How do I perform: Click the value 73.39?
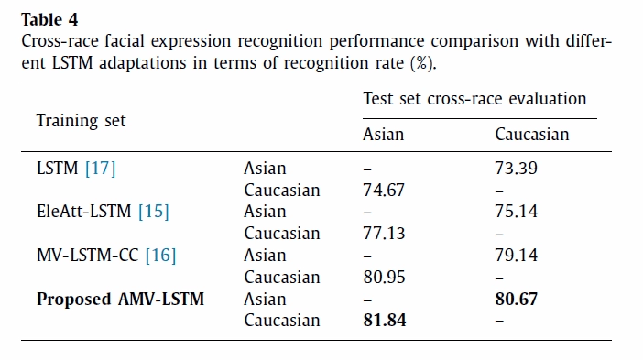click(516, 169)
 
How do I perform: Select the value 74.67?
click(384, 190)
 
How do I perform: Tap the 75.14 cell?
click(516, 212)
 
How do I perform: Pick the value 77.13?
click(384, 234)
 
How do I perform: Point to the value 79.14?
click(516, 255)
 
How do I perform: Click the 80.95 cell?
click(384, 278)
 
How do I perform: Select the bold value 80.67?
click(516, 299)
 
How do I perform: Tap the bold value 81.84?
click(384, 321)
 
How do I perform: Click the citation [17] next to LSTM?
click(101, 169)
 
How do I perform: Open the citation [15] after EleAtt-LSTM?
click(153, 212)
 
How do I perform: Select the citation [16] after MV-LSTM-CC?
click(161, 256)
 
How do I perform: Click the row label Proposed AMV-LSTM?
click(120, 300)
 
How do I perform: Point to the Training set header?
click(81, 121)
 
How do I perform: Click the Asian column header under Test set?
click(383, 135)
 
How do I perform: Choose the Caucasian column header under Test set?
click(532, 135)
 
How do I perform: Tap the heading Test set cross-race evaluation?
click(474, 99)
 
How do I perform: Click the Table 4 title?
click(49, 19)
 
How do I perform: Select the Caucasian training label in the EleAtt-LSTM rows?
click(282, 234)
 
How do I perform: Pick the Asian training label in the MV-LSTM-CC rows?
click(265, 255)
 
